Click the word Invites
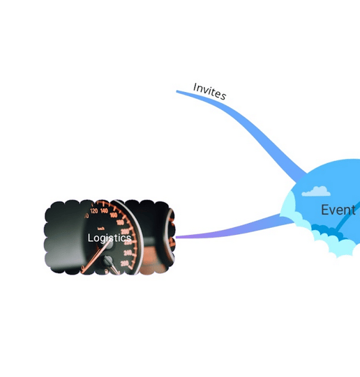point(209,91)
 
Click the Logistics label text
point(110,238)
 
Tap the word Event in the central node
point(338,210)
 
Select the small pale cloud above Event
point(316,192)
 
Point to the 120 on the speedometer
point(94,211)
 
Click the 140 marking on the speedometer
point(104,211)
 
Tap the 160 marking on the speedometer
point(114,215)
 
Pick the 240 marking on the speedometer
point(127,253)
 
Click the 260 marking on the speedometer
point(124,263)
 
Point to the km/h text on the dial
point(101,229)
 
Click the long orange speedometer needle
point(95,256)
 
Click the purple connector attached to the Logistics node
point(234,229)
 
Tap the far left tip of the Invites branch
point(177,91)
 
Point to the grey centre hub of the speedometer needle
point(108,244)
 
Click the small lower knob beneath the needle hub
point(108,260)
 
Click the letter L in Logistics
point(90,238)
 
